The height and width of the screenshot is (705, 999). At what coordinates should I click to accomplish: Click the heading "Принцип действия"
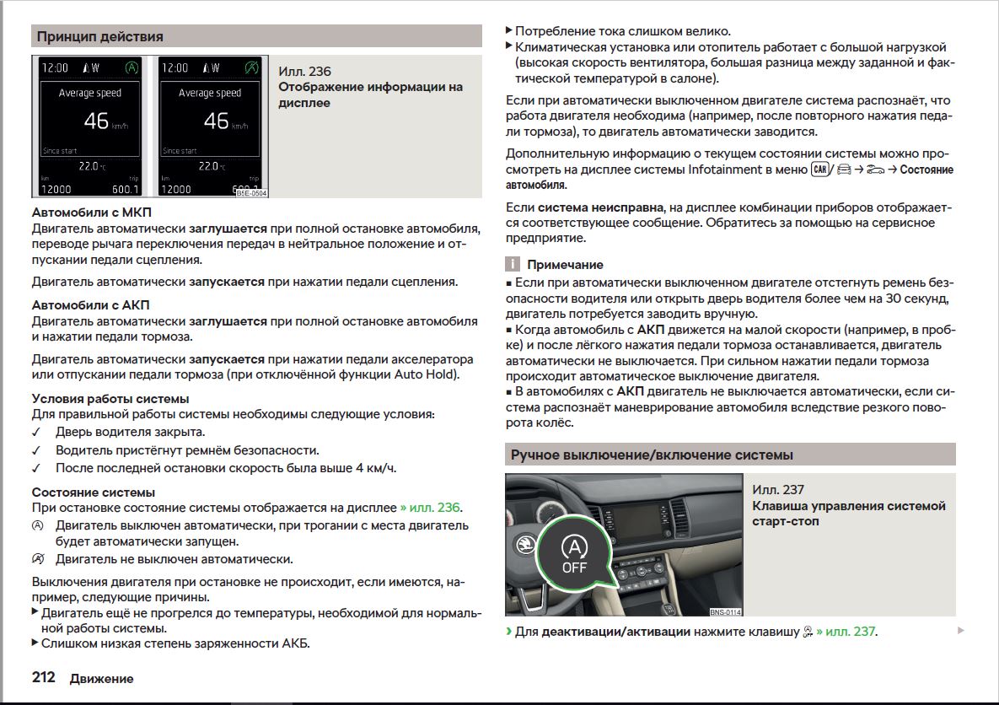100,36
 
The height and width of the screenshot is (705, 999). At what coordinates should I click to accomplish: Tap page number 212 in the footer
44,677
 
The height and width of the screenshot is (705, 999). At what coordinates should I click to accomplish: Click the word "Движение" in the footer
101,678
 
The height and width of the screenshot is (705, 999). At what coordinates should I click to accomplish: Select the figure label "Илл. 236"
305,71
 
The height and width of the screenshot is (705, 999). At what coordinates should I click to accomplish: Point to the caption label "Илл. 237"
778,489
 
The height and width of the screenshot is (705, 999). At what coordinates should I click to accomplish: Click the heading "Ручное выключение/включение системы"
652,455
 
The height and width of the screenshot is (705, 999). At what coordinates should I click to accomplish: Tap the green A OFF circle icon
574,553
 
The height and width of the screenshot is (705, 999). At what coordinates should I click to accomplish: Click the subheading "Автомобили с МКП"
92,213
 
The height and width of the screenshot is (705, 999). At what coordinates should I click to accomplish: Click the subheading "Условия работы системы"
110,398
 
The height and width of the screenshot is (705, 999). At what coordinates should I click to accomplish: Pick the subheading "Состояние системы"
94,492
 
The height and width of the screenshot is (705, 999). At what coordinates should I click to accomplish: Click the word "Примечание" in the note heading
565,265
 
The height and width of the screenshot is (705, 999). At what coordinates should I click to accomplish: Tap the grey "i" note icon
511,265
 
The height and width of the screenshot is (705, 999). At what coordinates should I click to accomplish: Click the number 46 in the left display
95,121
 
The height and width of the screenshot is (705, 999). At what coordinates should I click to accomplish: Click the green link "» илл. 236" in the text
430,508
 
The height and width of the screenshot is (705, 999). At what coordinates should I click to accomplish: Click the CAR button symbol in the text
818,169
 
